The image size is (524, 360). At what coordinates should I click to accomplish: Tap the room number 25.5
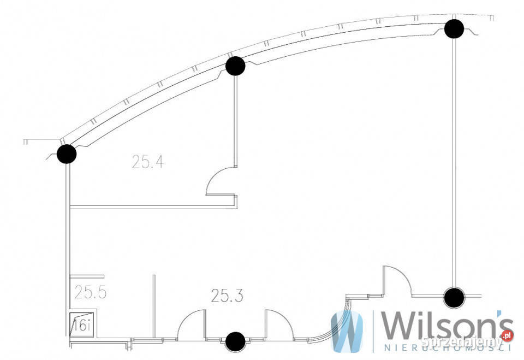point(90,292)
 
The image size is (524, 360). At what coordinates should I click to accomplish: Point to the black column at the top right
point(454,28)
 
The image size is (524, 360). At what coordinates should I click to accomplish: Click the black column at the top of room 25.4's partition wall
point(235,66)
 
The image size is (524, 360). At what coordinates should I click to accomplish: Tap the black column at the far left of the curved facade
point(67,154)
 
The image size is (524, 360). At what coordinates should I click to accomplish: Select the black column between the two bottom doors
point(235,341)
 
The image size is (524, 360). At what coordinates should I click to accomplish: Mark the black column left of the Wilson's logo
point(454,298)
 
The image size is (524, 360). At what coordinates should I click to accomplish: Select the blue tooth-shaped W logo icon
point(347,331)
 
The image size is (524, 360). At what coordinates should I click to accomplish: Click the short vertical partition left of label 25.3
point(154,306)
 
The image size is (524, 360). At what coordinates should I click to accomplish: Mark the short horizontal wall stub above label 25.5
point(87,276)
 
